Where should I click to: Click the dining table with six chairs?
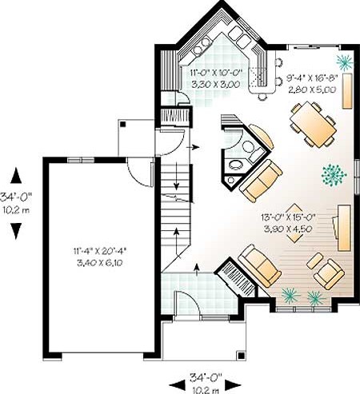point(313,124)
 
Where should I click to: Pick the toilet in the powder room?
point(254,151)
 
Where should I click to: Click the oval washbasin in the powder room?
point(235,165)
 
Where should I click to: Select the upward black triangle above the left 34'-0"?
point(16,175)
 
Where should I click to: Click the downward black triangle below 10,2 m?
point(16,231)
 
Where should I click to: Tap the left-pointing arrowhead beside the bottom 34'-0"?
point(177,384)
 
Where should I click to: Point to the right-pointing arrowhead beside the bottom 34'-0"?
point(234,384)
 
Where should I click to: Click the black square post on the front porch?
point(241,356)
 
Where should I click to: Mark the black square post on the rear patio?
point(122,124)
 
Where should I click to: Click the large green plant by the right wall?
point(334,175)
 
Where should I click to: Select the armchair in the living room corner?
point(329,274)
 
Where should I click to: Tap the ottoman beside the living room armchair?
point(314,261)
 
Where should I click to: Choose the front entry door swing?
point(186,302)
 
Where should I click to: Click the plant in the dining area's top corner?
point(345,62)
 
